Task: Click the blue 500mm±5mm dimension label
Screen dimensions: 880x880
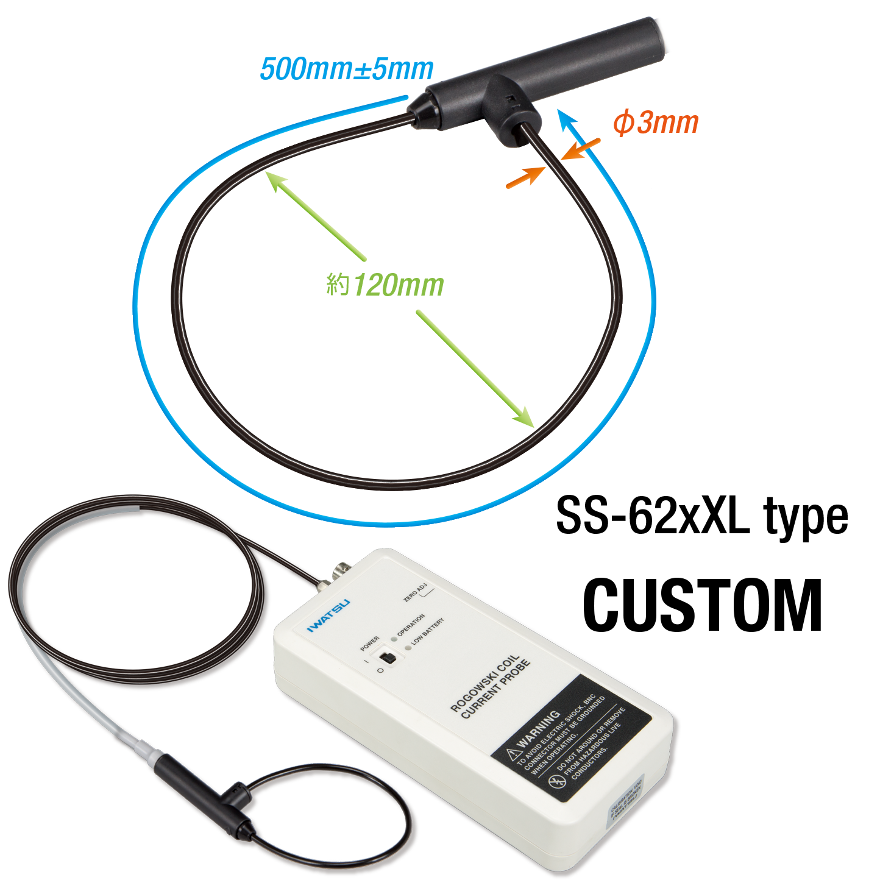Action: [346, 69]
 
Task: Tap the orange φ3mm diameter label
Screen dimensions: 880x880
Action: [655, 123]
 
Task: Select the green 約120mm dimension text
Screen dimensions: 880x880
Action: [385, 285]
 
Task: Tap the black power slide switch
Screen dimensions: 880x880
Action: [386, 658]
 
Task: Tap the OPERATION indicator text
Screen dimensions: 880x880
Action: [411, 625]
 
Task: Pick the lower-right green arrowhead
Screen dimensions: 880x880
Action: [526, 419]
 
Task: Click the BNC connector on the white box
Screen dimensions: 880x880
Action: [336, 573]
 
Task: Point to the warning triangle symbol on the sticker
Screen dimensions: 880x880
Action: [513, 755]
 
